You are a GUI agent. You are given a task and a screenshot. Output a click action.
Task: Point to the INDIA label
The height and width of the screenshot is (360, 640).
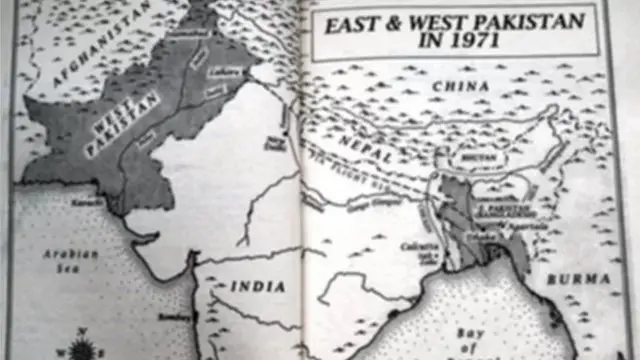258,286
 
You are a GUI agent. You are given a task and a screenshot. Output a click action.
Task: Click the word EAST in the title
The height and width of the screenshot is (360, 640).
352,23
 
